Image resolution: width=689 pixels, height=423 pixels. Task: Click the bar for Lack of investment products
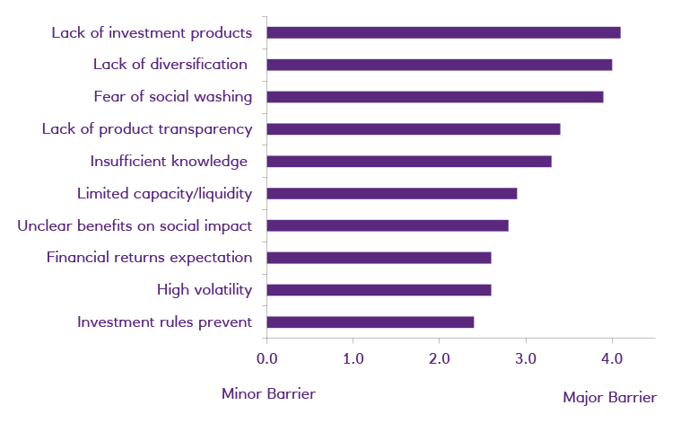443,32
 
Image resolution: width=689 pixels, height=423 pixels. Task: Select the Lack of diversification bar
440,65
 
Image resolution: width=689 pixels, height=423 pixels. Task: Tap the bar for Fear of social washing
435,97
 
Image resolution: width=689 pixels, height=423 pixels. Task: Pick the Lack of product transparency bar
414,129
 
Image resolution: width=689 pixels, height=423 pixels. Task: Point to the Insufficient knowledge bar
409,162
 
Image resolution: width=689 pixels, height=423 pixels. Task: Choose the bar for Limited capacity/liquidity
392,193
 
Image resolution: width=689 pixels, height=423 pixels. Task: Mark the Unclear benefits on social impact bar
388,225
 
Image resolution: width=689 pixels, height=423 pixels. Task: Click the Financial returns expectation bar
379,258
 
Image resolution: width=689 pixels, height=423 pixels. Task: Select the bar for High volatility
379,290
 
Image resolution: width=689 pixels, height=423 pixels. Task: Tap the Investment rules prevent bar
371,322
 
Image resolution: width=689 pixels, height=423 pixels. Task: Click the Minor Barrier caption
268,394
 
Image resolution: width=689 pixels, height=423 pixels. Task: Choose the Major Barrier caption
609,397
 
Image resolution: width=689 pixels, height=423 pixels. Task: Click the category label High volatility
205,289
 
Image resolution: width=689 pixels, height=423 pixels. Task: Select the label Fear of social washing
172,96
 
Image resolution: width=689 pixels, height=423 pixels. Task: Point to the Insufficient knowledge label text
169,161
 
